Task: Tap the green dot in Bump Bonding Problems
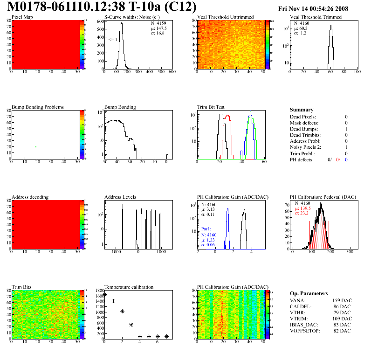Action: pyautogui.click(x=36, y=147)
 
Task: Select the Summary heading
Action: pyautogui.click(x=302, y=110)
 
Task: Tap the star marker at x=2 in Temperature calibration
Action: pyautogui.click(x=122, y=311)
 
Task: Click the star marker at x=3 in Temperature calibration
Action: pyautogui.click(x=131, y=325)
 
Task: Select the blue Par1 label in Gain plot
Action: pyautogui.click(x=207, y=229)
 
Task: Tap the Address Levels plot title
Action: pyautogui.click(x=120, y=197)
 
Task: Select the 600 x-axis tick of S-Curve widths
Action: pyautogui.click(x=172, y=72)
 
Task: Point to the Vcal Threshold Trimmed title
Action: pyautogui.click(x=315, y=17)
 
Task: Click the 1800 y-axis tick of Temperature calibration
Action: pyautogui.click(x=99, y=291)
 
